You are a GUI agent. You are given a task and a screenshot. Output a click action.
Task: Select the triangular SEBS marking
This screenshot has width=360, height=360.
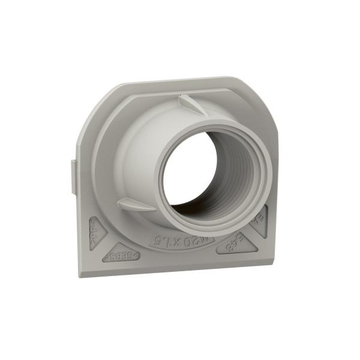click(x=122, y=254)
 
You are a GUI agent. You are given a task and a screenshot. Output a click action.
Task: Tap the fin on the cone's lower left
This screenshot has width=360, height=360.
click(x=132, y=204)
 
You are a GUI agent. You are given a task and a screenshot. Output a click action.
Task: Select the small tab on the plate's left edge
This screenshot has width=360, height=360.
click(x=74, y=177)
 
